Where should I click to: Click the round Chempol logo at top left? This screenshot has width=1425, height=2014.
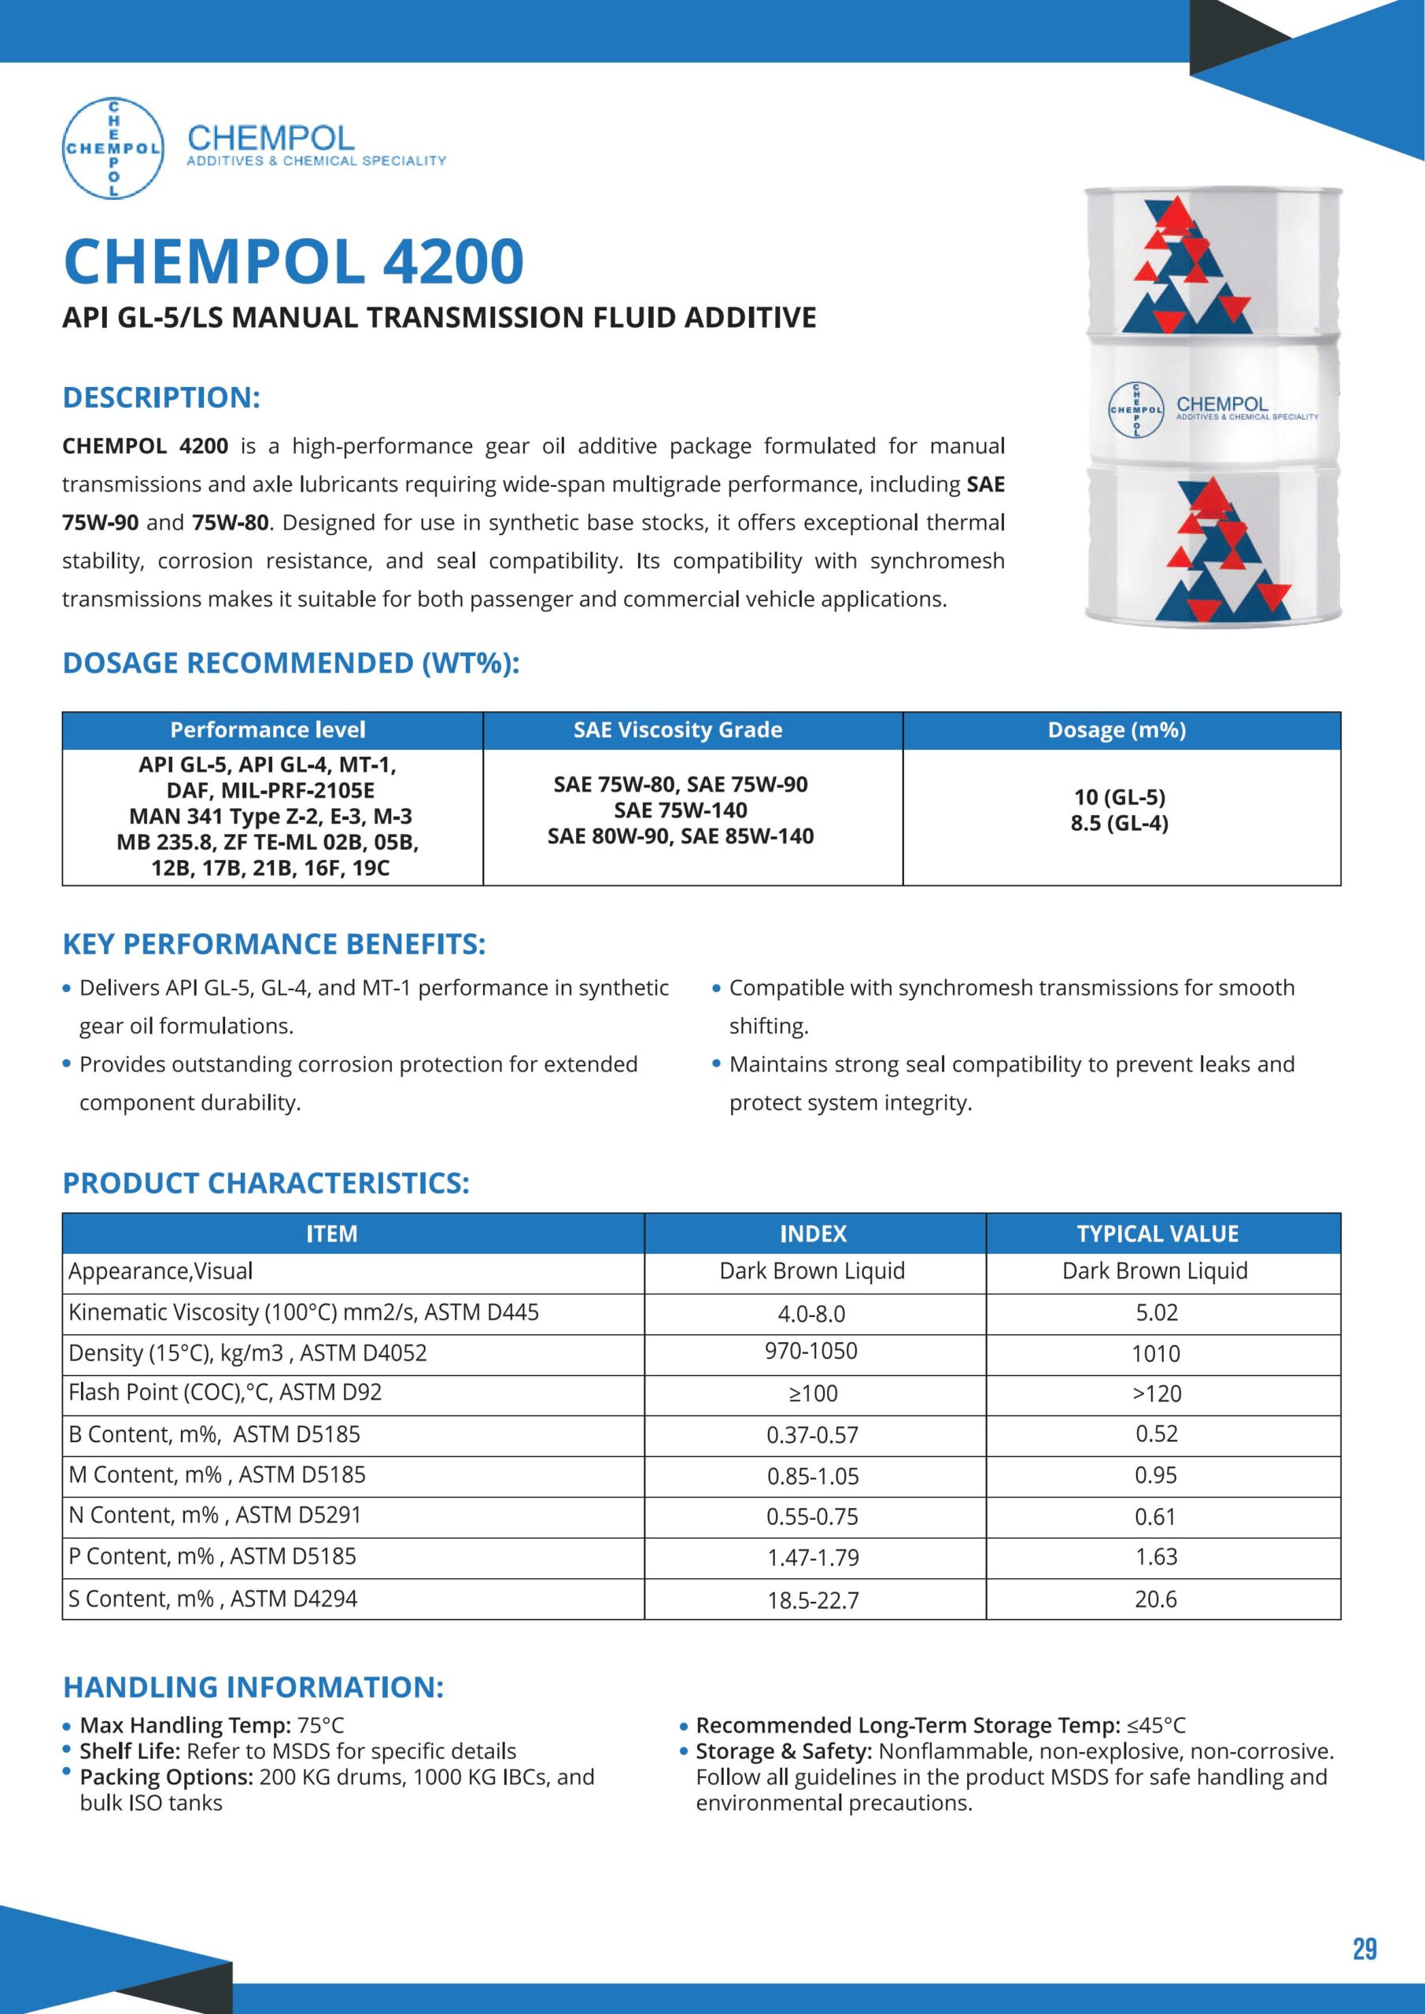click(x=113, y=147)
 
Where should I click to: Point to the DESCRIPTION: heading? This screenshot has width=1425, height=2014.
click(x=161, y=397)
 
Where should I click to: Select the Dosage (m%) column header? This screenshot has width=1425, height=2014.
click(x=1116, y=730)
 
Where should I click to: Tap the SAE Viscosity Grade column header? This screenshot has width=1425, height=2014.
click(x=677, y=730)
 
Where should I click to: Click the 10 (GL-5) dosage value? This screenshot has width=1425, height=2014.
click(x=1119, y=796)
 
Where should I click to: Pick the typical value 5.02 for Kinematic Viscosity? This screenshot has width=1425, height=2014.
click(x=1156, y=1313)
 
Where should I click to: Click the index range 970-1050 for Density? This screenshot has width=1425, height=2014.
click(x=810, y=1351)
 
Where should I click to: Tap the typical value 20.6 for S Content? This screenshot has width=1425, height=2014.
click(x=1156, y=1599)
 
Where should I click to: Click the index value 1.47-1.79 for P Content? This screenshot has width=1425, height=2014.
click(x=813, y=1558)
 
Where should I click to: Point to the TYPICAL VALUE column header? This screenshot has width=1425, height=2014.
click(x=1157, y=1234)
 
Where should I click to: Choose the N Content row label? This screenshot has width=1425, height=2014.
click(x=214, y=1515)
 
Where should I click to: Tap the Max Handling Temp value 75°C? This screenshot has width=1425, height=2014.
click(x=320, y=1725)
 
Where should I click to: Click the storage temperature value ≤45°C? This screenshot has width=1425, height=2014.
click(x=1156, y=1725)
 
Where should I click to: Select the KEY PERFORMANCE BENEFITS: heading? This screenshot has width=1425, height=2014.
click(x=274, y=944)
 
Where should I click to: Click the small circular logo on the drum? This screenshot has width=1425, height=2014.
click(x=1136, y=410)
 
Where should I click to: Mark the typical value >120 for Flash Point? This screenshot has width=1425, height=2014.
click(x=1157, y=1394)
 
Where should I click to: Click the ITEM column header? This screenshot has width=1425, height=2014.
click(x=332, y=1234)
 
